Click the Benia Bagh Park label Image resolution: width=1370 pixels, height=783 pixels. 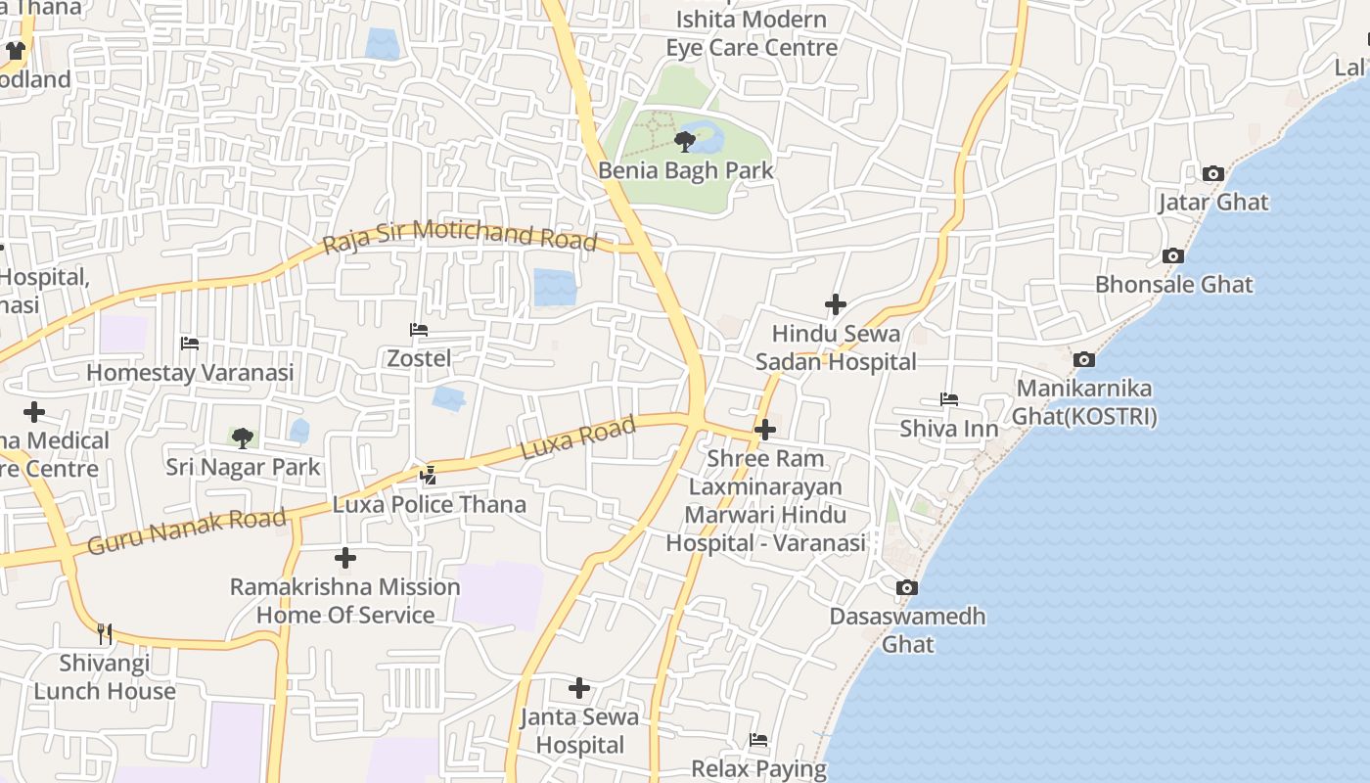pos(685,170)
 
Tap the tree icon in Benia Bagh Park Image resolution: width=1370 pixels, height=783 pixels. pos(685,141)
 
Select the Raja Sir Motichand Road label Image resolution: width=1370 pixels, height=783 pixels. pos(459,235)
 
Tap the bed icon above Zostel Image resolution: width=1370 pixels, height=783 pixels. pos(419,330)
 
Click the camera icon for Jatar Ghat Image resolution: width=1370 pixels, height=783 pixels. pos(1212,174)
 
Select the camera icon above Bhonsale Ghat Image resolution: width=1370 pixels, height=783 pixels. pos(1172,256)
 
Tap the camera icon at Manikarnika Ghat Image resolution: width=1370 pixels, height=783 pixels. pos(1083,360)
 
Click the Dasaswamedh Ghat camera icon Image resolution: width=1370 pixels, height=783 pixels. pos(907,588)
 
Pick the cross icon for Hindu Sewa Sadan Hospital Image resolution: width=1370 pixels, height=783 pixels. pos(835,305)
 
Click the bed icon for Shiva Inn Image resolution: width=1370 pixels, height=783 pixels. pos(948,399)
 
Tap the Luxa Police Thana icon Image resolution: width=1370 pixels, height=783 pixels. pos(428,476)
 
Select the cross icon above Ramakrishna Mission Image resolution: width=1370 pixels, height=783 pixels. pos(344,558)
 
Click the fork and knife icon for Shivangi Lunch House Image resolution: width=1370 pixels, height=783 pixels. pos(105,634)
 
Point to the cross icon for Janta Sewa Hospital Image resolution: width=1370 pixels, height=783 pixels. pos(579,688)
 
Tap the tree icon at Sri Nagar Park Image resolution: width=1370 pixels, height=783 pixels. pos(242,438)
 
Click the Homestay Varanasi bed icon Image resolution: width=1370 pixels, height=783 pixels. pos(190,344)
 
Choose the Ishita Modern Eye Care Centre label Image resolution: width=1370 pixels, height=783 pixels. pos(752,33)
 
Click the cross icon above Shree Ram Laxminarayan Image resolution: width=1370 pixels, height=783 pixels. pos(765,429)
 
